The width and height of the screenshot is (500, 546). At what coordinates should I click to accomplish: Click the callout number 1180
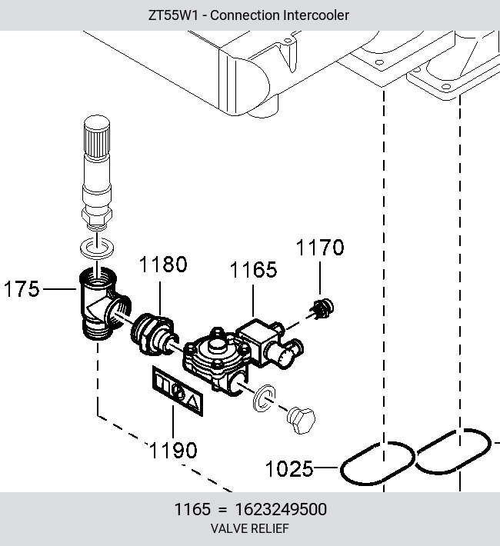[x=163, y=265]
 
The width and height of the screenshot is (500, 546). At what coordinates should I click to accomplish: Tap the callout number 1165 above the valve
[x=253, y=269]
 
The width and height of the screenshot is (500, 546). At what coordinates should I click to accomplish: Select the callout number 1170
[x=320, y=247]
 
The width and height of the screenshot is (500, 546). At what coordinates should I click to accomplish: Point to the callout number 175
[x=22, y=289]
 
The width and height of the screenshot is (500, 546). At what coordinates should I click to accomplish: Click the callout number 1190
[x=173, y=450]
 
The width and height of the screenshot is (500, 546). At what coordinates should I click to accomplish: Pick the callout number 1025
[x=289, y=468]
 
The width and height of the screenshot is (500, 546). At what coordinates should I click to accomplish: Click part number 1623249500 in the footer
[x=281, y=509]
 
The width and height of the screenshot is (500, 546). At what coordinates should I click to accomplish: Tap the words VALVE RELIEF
[x=250, y=528]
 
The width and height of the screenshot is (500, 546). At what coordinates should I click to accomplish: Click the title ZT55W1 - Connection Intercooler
[x=248, y=15]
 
